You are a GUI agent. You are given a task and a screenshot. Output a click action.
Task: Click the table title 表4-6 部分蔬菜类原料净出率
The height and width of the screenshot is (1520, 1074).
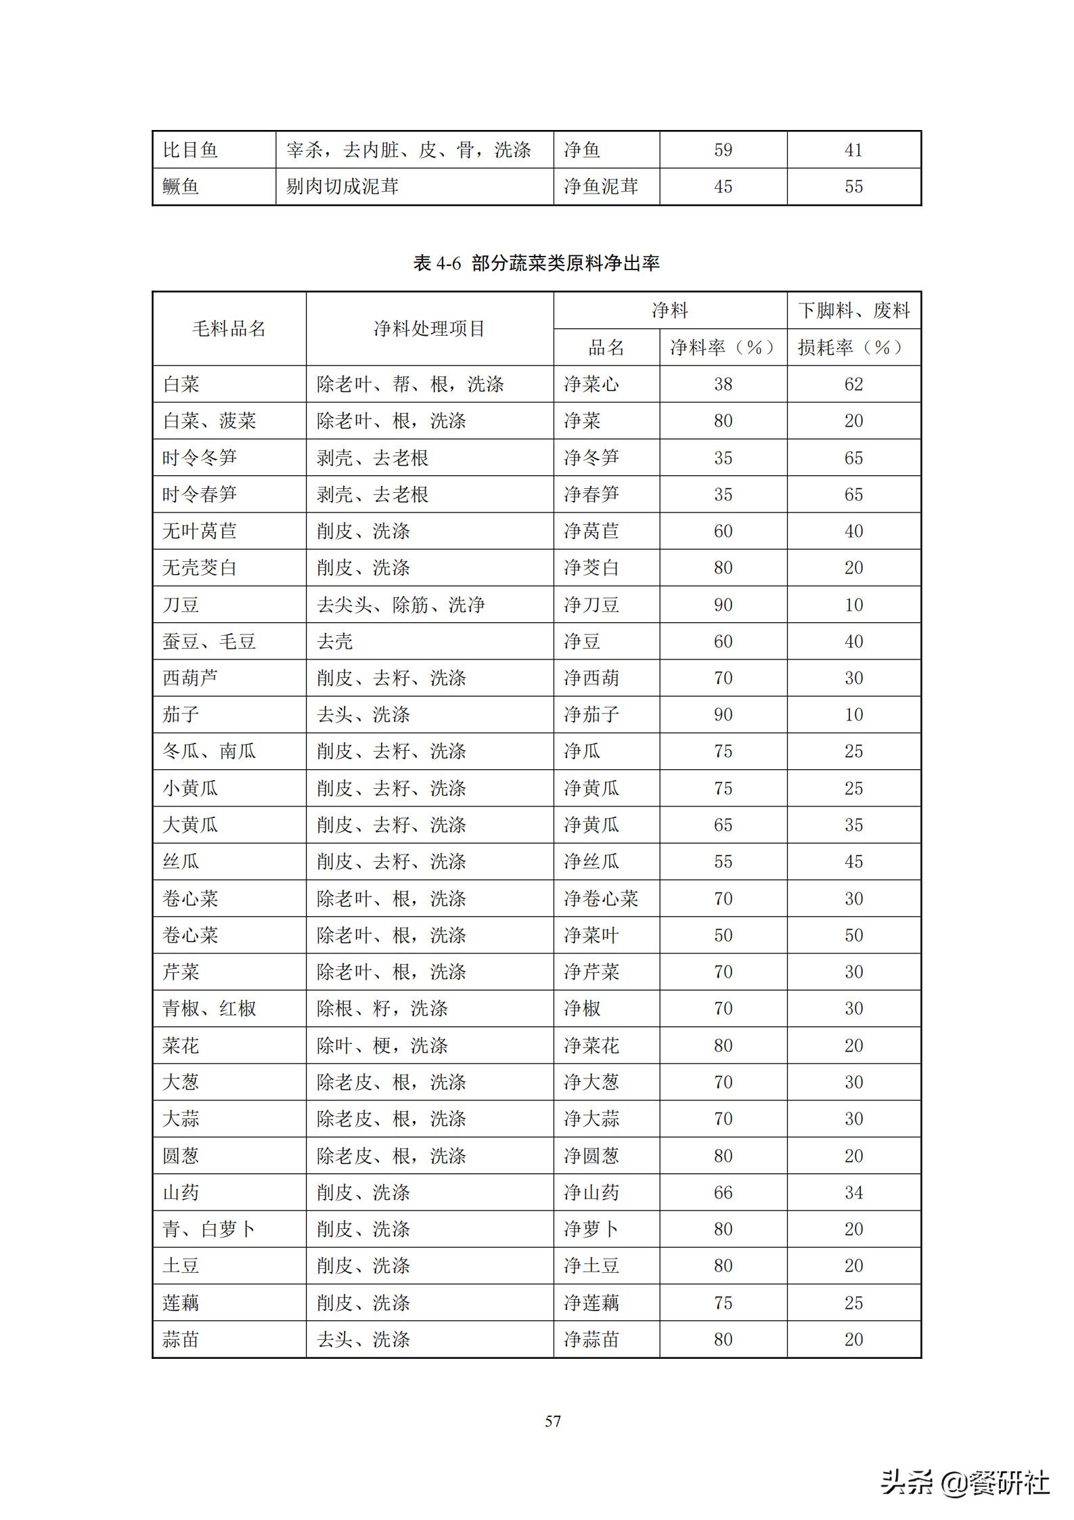pos(536,263)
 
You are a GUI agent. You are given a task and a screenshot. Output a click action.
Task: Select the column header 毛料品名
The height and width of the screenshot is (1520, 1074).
pos(229,329)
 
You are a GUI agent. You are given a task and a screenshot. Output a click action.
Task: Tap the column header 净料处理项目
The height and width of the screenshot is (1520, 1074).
pos(429,329)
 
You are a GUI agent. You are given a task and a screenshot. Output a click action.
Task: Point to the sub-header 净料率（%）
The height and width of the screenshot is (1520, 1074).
pos(723,348)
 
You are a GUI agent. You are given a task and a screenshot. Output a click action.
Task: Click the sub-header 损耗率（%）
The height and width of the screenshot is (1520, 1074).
pos(853,348)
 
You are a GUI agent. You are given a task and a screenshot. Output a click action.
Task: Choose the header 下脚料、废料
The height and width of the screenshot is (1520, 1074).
pos(853,311)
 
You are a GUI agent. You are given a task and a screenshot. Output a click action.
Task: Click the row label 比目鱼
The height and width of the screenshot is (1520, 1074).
pos(190,150)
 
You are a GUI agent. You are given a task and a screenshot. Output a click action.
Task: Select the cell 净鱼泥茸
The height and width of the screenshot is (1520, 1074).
pos(601,186)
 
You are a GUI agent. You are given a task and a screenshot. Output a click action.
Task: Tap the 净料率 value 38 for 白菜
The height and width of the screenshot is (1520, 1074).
pos(723,385)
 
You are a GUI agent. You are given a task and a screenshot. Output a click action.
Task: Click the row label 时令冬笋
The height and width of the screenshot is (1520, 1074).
pos(200,458)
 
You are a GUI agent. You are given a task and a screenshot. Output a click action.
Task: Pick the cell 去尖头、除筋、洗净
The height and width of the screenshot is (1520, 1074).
pos(401,605)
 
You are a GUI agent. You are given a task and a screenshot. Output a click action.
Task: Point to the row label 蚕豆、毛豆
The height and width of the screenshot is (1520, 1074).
pos(209,641)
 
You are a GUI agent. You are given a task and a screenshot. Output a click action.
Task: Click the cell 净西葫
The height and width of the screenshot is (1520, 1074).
pos(591,678)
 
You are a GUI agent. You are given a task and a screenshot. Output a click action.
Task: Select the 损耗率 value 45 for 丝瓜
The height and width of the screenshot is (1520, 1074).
pos(853,861)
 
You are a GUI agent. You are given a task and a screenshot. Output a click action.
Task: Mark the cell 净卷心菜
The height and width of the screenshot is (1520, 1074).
pos(601,898)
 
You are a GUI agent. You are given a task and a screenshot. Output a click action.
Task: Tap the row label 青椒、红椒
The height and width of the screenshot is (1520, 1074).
pos(209,1009)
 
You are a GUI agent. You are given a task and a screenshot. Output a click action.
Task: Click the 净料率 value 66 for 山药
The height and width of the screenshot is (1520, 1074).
pos(723,1192)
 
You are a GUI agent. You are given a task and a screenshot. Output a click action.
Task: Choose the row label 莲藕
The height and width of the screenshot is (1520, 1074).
pos(181,1303)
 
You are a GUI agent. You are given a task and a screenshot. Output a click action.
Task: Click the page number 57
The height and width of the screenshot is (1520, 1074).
pos(553,1420)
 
